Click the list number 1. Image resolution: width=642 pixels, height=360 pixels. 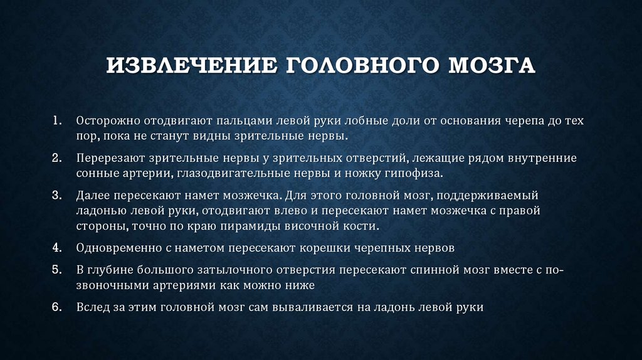pos(56,119)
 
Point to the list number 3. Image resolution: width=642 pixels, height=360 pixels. pos(56,196)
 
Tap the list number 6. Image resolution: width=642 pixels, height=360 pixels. pos(56,307)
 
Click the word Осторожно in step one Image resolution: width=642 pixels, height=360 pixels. pos(103,120)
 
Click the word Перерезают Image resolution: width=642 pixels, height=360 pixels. pos(107,157)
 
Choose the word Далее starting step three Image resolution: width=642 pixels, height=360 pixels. pos(92,196)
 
